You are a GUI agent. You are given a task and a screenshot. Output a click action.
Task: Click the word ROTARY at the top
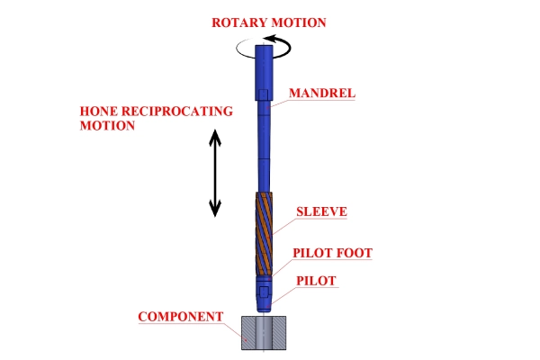pos(235,22)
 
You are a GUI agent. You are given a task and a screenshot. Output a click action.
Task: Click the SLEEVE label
pos(321,212)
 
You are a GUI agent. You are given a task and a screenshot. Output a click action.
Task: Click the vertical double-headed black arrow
pos(214,173)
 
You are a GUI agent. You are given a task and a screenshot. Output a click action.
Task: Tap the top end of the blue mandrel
pos(267,50)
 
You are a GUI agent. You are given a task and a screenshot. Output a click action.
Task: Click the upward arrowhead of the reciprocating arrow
pos(214,136)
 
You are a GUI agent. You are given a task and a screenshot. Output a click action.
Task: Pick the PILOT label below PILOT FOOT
pos(316,281)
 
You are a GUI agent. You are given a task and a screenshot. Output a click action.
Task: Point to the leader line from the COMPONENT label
pos(236,329)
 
